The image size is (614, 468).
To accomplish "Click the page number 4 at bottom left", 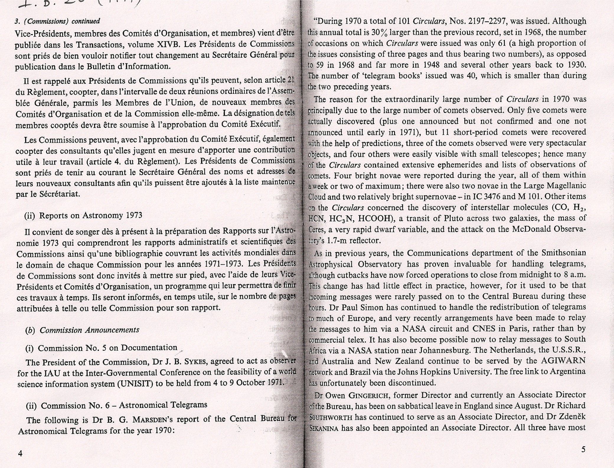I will point(20,453).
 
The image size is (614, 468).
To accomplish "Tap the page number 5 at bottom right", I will point(583,450).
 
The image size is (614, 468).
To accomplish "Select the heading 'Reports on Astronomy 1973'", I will point(91,215).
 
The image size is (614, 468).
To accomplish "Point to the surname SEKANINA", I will point(324,428).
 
